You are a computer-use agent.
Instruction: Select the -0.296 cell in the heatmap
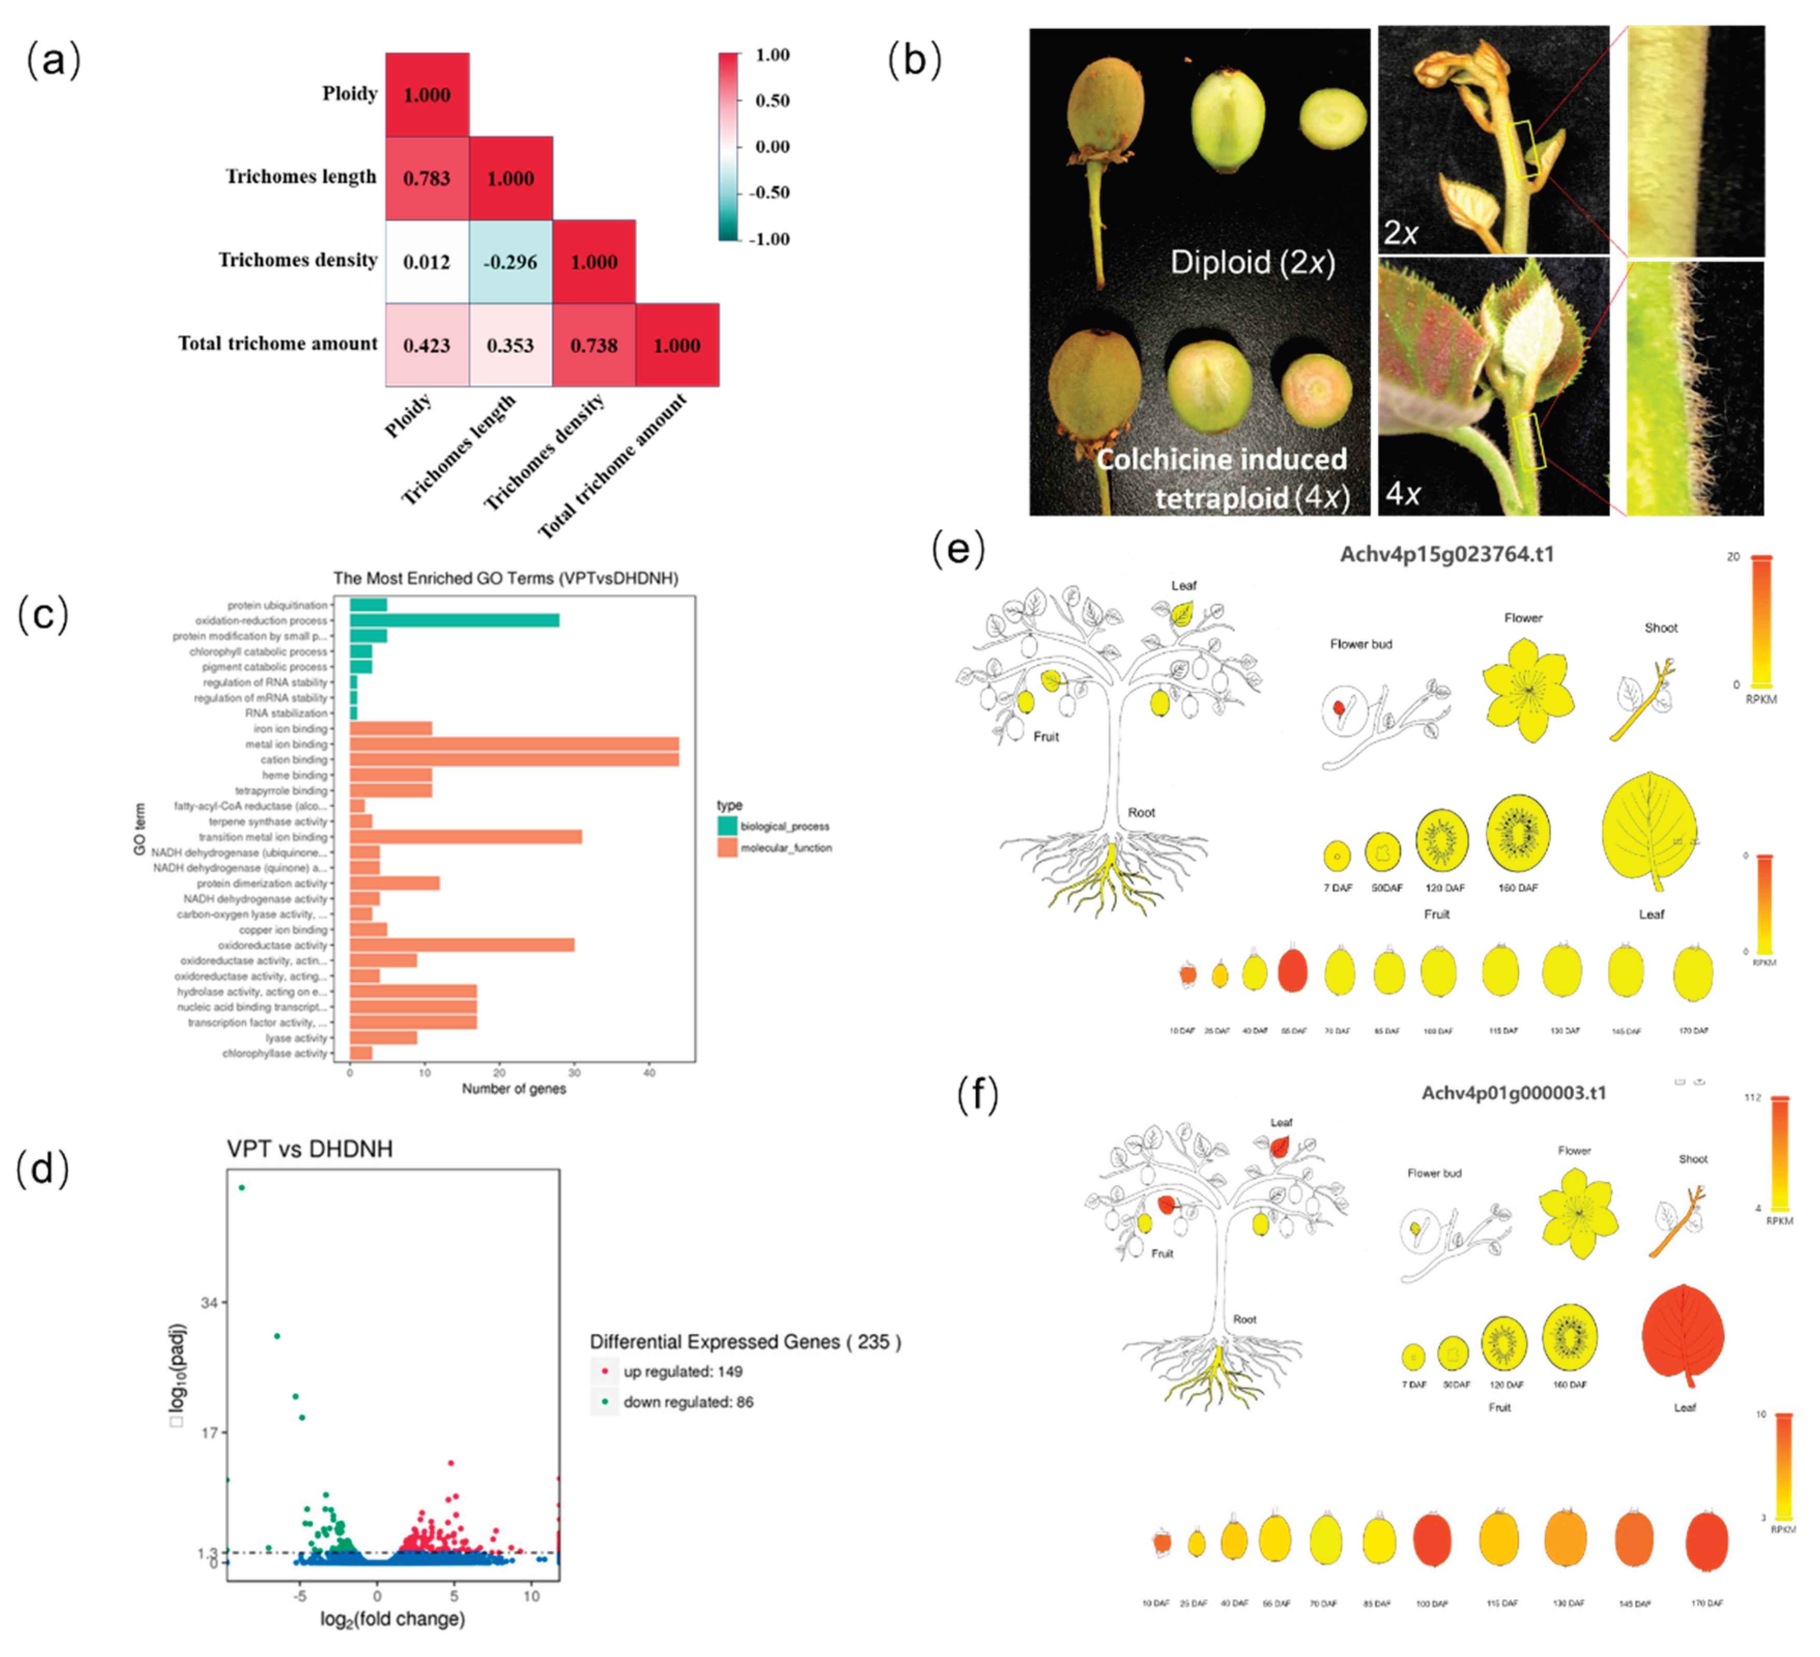coord(510,262)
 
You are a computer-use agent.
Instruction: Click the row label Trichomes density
coord(298,260)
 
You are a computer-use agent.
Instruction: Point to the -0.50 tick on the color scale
coord(770,192)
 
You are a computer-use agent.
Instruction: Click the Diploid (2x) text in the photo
coord(1252,263)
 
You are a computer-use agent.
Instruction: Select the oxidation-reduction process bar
coord(454,620)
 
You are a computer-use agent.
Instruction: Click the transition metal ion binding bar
coord(465,837)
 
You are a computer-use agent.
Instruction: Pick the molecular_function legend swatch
coord(727,847)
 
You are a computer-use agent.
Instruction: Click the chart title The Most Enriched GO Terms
coord(506,578)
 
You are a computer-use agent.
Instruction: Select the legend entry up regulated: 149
coord(682,1372)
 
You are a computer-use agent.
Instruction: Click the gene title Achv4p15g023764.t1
coord(1446,554)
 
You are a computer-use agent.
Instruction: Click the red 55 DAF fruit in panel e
coord(1293,970)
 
